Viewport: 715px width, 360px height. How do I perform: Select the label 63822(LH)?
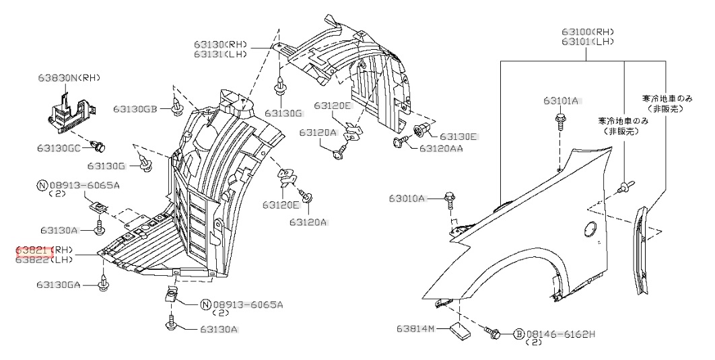click(44, 260)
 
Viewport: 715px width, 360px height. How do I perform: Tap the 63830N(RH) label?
click(68, 78)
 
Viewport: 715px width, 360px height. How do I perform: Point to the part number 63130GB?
click(135, 108)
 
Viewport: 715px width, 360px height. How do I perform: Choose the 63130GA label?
click(59, 285)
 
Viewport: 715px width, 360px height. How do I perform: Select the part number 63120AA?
click(441, 147)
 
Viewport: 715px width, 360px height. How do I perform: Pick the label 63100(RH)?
click(588, 32)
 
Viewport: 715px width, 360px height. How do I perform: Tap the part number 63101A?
click(561, 101)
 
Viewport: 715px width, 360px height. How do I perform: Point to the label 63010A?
click(407, 199)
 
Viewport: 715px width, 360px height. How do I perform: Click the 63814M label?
click(417, 328)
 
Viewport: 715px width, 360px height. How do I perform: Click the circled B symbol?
click(519, 334)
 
